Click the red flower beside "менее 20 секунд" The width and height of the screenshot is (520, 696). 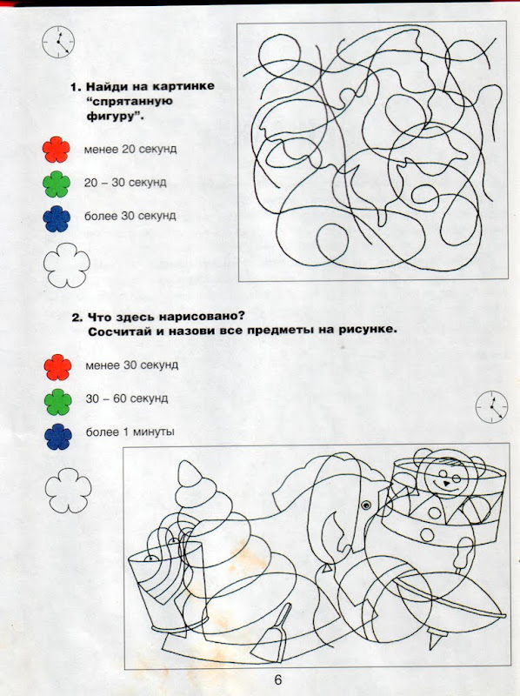(57, 149)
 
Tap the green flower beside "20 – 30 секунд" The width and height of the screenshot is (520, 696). (57, 184)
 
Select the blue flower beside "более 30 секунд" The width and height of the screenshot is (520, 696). (57, 218)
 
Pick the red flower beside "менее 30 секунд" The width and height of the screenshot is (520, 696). (57, 367)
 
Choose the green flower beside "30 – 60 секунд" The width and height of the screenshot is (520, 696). (58, 402)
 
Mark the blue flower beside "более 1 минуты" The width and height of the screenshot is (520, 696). (58, 437)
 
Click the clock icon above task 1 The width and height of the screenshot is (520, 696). (58, 42)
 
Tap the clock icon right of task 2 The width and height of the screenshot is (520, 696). (491, 406)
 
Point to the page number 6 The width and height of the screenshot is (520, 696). (278, 680)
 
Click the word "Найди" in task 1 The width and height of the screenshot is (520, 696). (106, 86)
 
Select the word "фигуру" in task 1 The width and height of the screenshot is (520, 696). (108, 117)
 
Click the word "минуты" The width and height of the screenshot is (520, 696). (154, 432)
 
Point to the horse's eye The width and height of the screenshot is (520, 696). (365, 505)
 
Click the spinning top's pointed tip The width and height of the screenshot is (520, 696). (434, 640)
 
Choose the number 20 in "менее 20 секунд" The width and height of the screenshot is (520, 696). (128, 149)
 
